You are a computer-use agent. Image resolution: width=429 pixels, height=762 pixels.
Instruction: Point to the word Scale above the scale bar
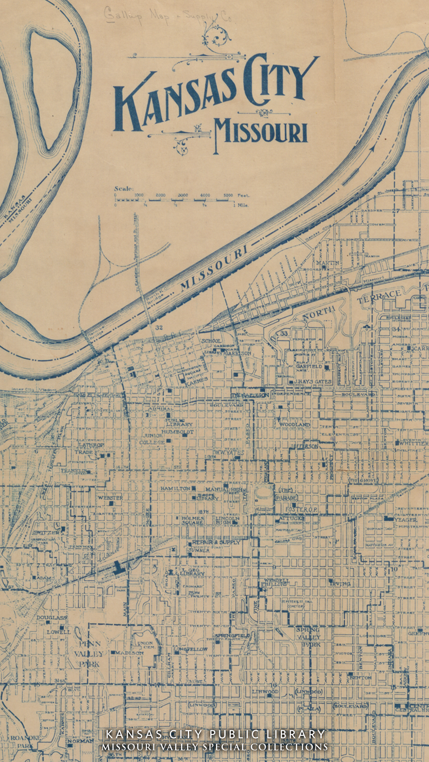click(124, 189)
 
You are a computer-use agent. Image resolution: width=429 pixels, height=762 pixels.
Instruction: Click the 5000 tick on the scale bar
click(228, 195)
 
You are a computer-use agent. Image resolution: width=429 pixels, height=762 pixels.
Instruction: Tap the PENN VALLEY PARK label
click(90, 654)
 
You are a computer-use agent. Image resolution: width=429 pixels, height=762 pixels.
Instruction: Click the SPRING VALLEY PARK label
click(308, 637)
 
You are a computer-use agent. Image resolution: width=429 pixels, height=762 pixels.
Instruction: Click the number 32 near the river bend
click(159, 328)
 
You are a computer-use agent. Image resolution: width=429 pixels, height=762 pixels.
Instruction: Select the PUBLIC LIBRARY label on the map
click(179, 422)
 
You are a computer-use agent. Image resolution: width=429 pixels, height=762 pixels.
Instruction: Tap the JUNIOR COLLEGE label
click(152, 439)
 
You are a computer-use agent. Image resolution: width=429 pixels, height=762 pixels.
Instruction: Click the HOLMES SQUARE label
click(193, 521)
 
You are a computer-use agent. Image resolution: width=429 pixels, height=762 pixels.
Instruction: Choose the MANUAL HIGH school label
click(225, 490)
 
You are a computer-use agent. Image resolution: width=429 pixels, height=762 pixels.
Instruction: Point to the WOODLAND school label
click(294, 424)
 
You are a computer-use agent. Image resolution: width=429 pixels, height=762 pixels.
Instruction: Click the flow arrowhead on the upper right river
click(372, 148)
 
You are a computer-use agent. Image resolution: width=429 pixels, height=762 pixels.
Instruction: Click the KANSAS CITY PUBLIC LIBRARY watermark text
click(215, 734)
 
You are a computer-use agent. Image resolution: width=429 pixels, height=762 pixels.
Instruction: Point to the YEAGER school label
click(405, 520)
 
